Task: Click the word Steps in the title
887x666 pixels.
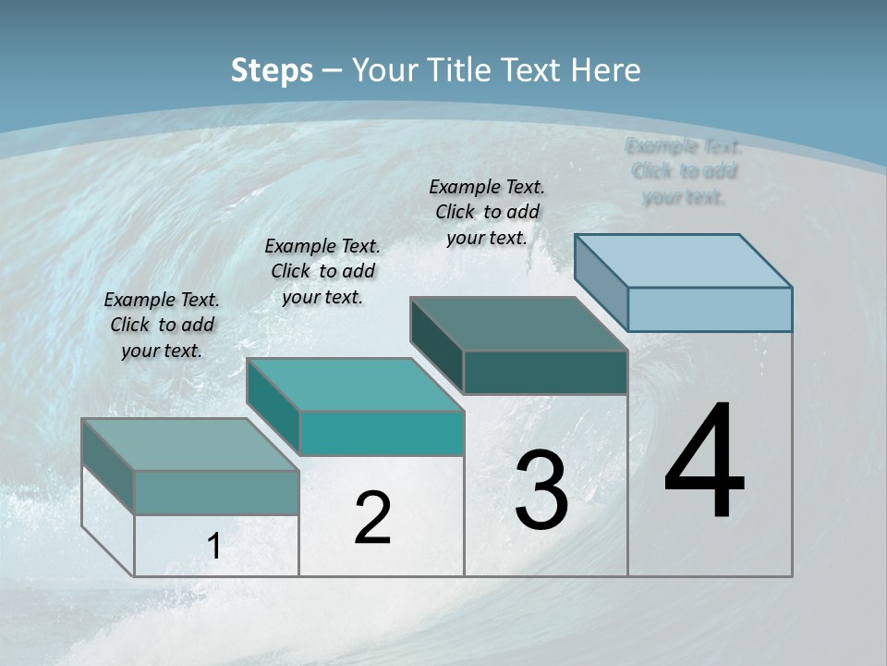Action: [272, 70]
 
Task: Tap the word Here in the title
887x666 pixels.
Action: [606, 70]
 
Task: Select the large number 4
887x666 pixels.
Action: [704, 462]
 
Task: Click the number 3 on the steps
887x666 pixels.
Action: [541, 490]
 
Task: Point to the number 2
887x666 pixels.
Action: [372, 518]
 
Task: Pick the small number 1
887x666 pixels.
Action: [214, 547]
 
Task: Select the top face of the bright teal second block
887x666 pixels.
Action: [356, 385]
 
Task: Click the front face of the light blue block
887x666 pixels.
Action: [710, 309]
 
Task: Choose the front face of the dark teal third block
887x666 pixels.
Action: [545, 372]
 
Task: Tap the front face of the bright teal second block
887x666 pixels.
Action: [382, 433]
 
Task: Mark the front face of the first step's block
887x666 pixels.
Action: [216, 492]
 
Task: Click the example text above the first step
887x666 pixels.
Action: [162, 325]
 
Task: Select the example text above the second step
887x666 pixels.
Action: [322, 271]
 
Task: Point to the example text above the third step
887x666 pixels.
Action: [487, 212]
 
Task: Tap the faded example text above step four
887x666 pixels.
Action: [684, 171]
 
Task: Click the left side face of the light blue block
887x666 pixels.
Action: [601, 283]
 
